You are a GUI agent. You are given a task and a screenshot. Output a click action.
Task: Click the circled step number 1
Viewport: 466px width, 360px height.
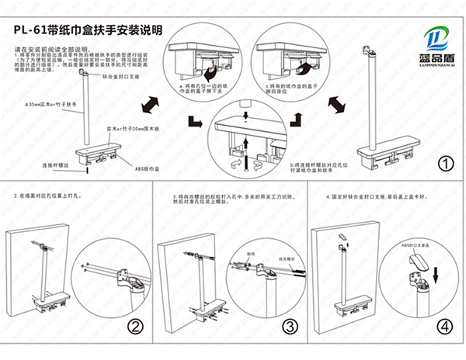(x=446, y=164)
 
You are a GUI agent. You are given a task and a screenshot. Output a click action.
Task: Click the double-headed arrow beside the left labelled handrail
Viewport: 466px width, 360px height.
(x=149, y=102)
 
